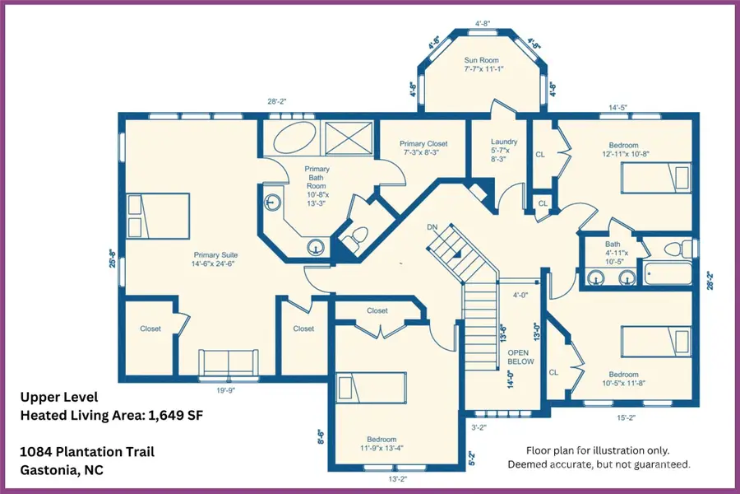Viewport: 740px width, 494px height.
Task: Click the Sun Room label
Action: (x=481, y=60)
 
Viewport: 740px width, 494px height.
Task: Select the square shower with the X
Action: (x=349, y=138)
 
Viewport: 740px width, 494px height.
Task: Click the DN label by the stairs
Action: (x=432, y=227)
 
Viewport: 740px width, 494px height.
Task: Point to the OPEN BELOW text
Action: (x=521, y=357)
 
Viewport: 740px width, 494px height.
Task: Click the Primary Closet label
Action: (x=423, y=144)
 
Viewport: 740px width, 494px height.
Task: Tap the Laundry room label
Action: (x=504, y=142)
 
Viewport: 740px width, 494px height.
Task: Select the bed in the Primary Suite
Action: (x=157, y=216)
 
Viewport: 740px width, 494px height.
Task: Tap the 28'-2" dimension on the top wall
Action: (x=277, y=101)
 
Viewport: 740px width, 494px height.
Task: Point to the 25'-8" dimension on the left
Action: (x=113, y=259)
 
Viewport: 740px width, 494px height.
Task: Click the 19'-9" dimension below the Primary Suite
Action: (x=225, y=390)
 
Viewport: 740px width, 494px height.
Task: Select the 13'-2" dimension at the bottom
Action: (x=397, y=479)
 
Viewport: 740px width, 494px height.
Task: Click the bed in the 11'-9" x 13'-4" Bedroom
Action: (x=372, y=388)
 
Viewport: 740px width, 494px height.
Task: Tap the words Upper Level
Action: (x=59, y=397)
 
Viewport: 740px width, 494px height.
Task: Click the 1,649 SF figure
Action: (x=176, y=416)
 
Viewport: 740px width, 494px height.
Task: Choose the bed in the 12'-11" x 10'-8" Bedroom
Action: (x=656, y=178)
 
